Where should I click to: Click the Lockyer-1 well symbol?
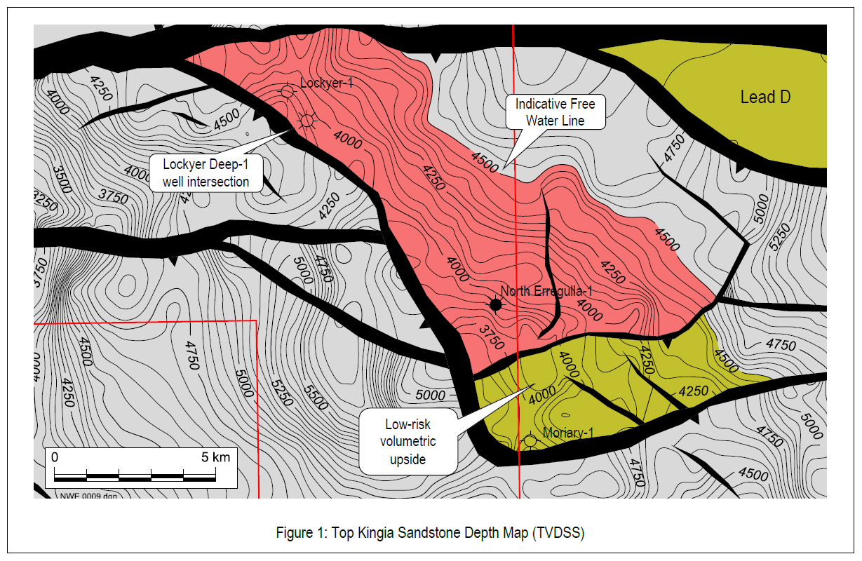pyautogui.click(x=287, y=91)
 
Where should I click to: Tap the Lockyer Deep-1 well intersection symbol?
pyautogui.click(x=307, y=121)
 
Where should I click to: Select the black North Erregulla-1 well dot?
pyautogui.click(x=496, y=304)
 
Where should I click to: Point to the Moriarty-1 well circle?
pyautogui.click(x=530, y=440)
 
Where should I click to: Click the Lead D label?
pyautogui.click(x=765, y=97)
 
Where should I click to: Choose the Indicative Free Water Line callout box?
pyautogui.click(x=555, y=112)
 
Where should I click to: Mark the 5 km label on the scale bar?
pyautogui.click(x=215, y=457)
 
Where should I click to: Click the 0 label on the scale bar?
pyautogui.click(x=55, y=457)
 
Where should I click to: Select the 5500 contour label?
pyautogui.click(x=316, y=398)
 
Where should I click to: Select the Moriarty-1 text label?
pyautogui.click(x=568, y=433)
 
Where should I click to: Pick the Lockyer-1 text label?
pyautogui.click(x=325, y=83)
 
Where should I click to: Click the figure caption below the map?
pyautogui.click(x=430, y=532)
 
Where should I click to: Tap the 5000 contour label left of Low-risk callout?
pyautogui.click(x=431, y=395)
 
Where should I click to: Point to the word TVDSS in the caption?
pyautogui.click(x=558, y=532)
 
